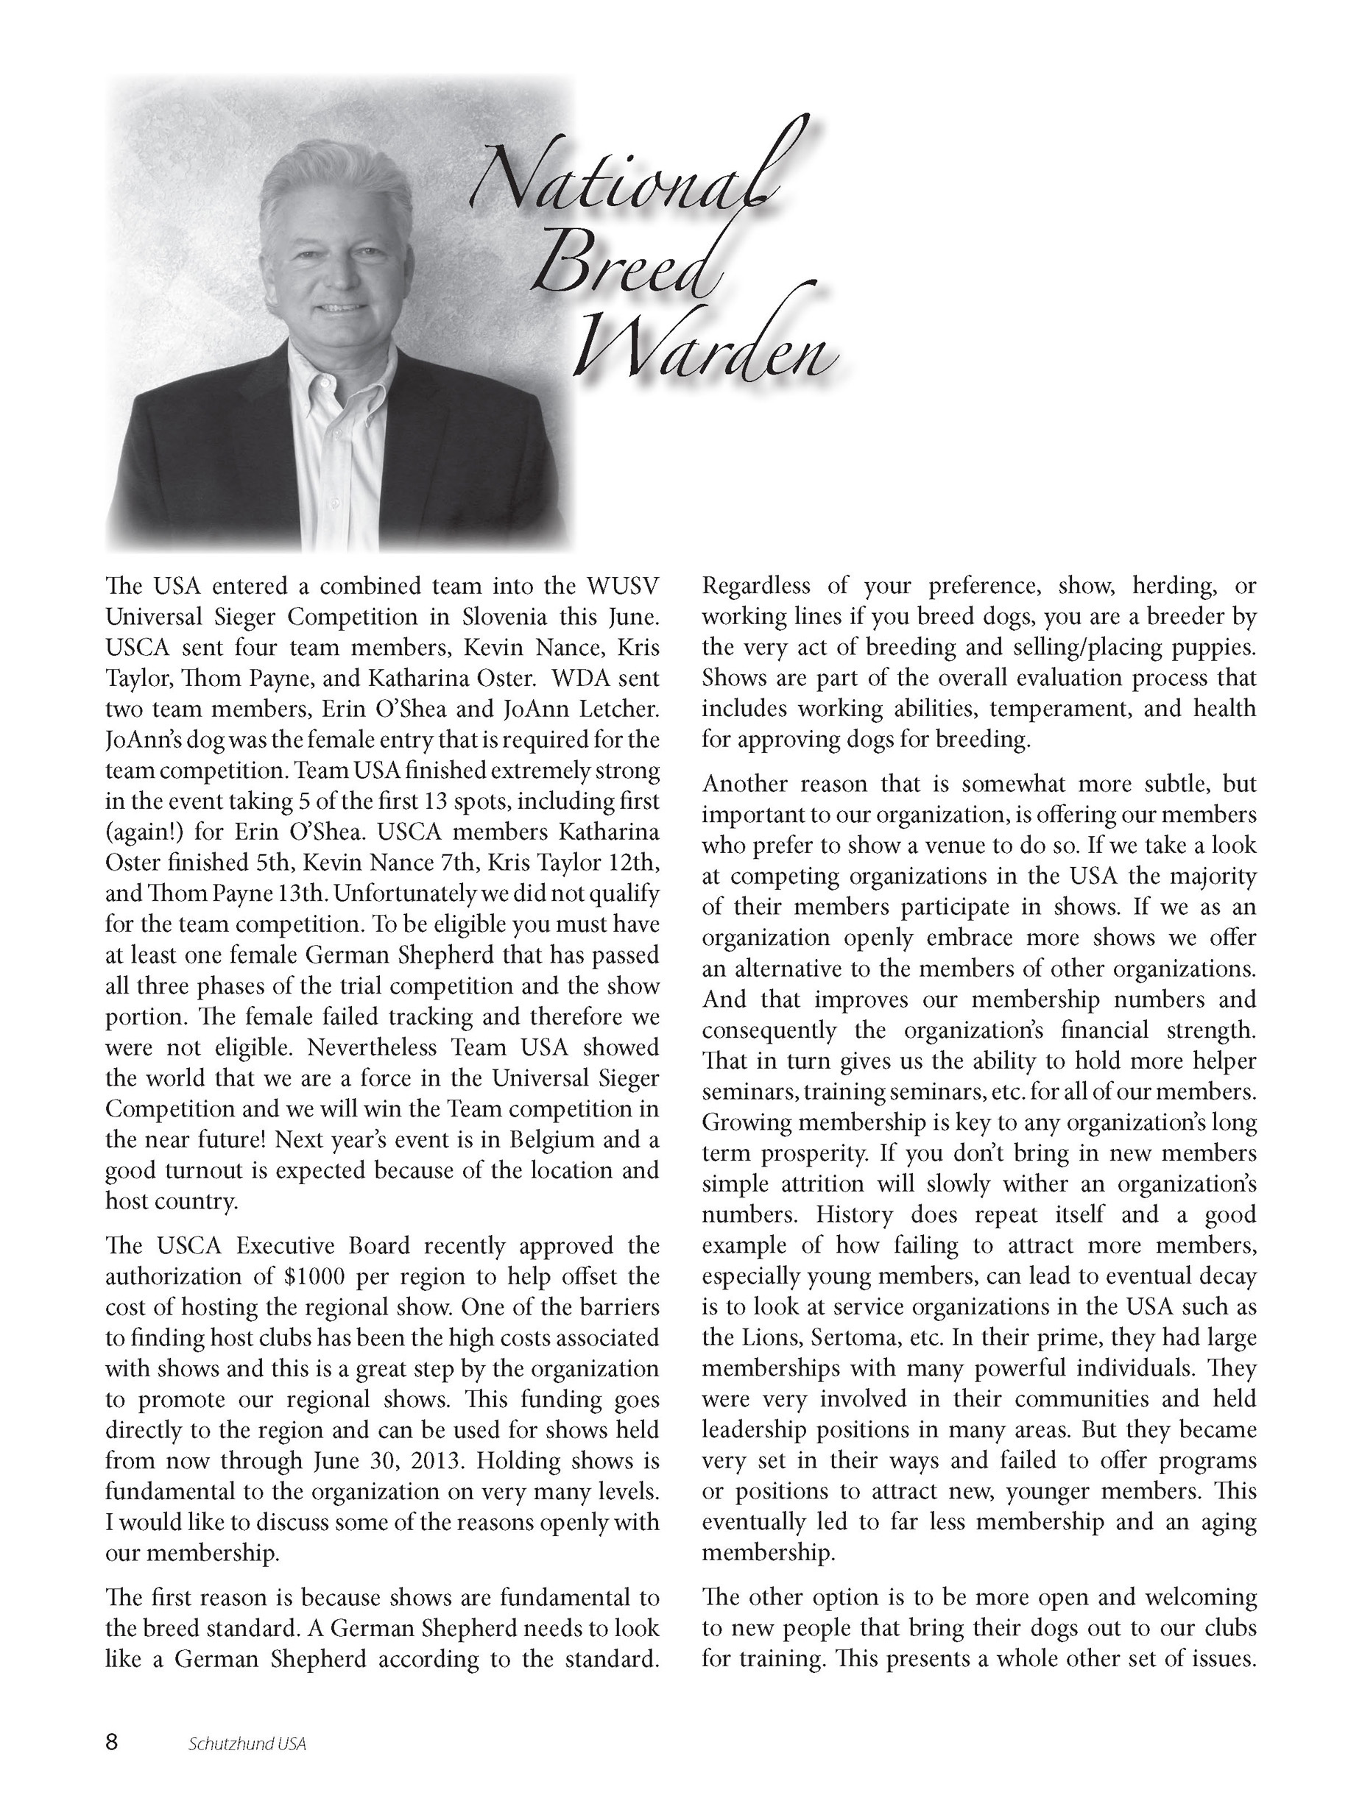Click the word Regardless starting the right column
coord(755,586)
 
